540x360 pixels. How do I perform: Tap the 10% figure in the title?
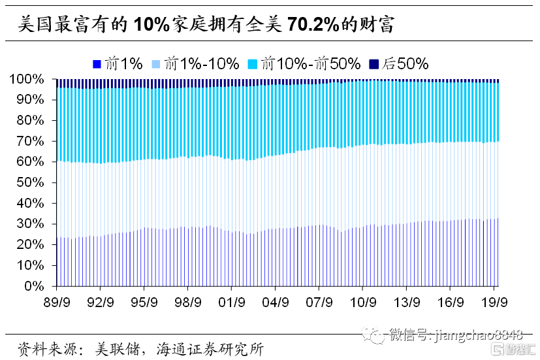point(152,25)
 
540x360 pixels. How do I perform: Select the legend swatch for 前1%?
point(97,63)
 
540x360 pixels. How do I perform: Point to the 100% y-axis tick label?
point(27,79)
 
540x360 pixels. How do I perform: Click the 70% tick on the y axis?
point(30,141)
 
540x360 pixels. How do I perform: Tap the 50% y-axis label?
point(30,182)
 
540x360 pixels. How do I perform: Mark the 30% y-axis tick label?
point(30,224)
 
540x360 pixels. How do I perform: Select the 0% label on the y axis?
point(34,286)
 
